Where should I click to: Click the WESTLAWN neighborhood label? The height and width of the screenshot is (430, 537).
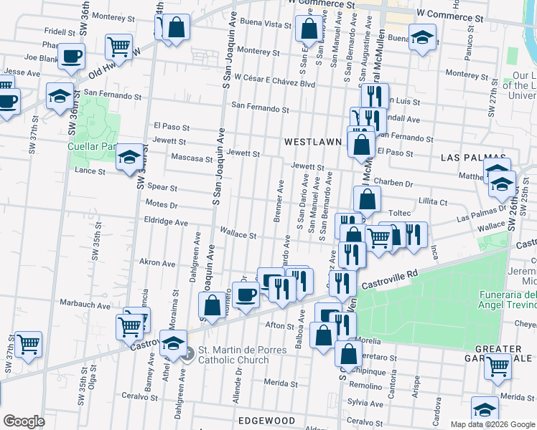[312, 142]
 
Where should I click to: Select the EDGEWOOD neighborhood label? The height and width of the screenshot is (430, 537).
[266, 420]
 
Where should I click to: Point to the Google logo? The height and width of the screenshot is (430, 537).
[24, 421]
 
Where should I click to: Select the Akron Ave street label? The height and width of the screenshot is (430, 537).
[157, 263]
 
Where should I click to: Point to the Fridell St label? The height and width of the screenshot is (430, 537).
[60, 32]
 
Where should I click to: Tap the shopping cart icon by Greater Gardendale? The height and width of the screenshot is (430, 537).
[498, 366]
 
